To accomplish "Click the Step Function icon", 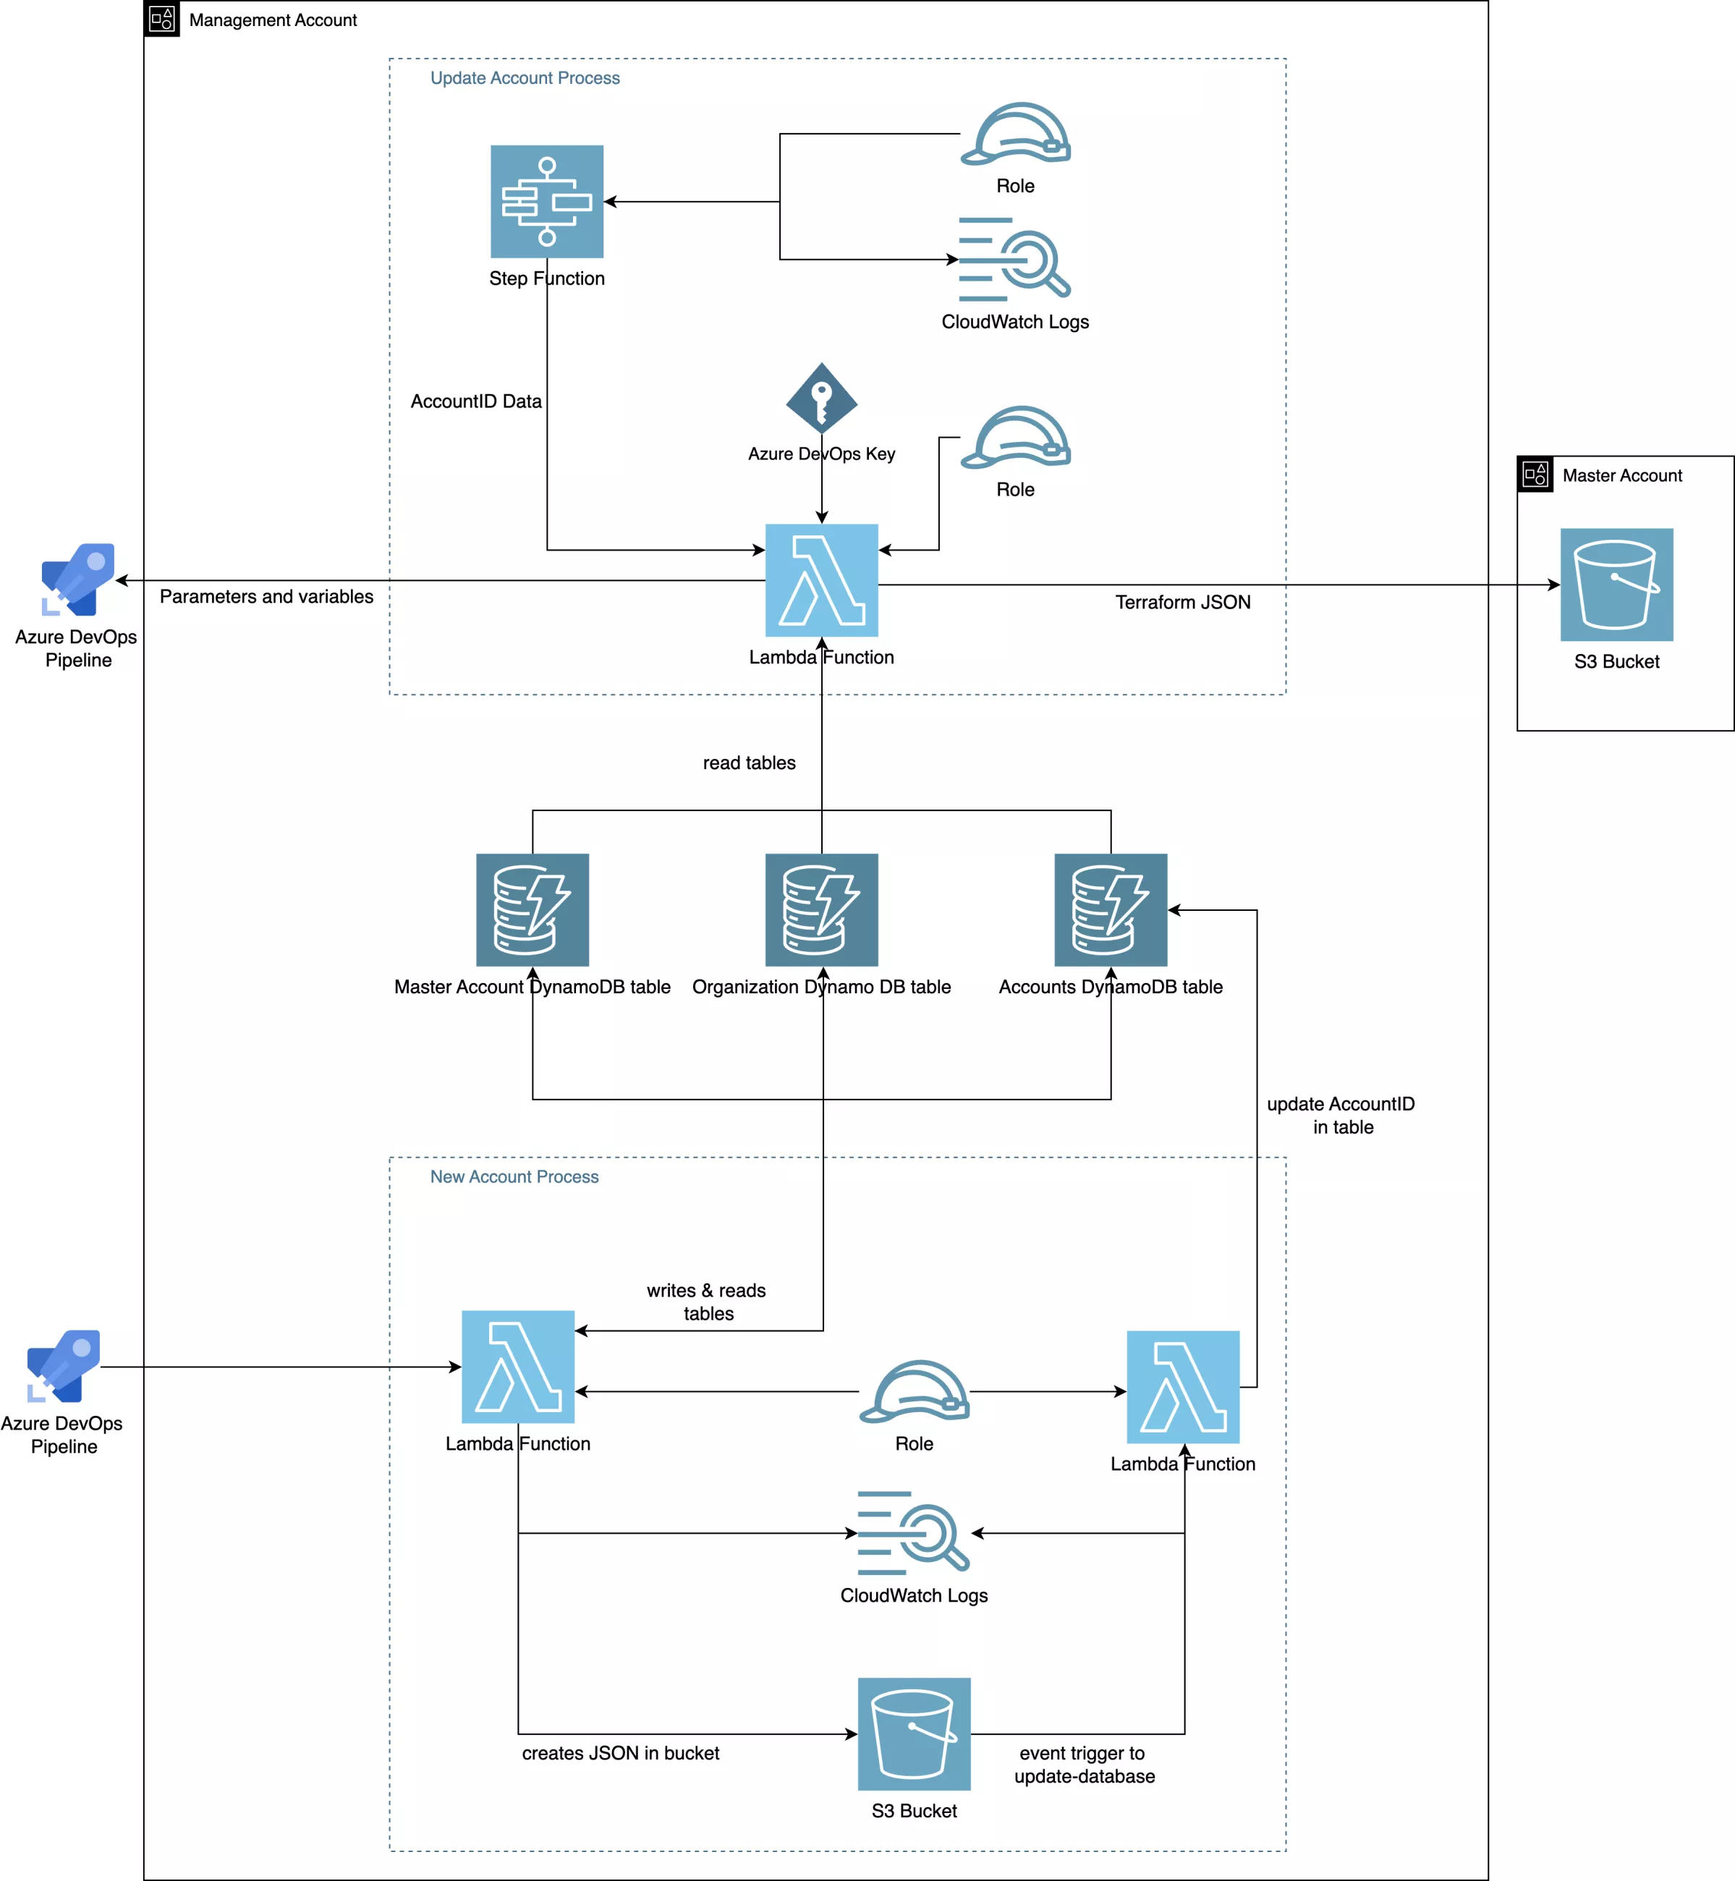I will pyautogui.click(x=546, y=201).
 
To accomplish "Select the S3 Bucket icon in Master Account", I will pyautogui.click(x=1616, y=585).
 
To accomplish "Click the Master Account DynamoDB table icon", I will pyautogui.click(x=533, y=909).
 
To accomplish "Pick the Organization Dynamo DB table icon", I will pyautogui.click(x=821, y=909).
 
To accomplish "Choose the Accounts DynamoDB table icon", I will pyautogui.click(x=1111, y=909).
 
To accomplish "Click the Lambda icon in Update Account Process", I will pyautogui.click(x=821, y=580).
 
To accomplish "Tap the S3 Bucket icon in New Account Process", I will pyautogui.click(x=914, y=1733).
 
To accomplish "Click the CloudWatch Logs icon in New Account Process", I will pyautogui.click(x=914, y=1533).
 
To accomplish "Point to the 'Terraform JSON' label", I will pyautogui.click(x=1183, y=603).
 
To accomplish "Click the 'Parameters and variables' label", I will pyautogui.click(x=267, y=597).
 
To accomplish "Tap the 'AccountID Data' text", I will pyautogui.click(x=476, y=402).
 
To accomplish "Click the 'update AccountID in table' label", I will pyautogui.click(x=1341, y=1115).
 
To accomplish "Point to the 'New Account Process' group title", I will pyautogui.click(x=514, y=1177).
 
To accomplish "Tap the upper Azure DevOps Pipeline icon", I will pyautogui.click(x=78, y=578).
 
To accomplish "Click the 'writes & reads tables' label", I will pyautogui.click(x=707, y=1302).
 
